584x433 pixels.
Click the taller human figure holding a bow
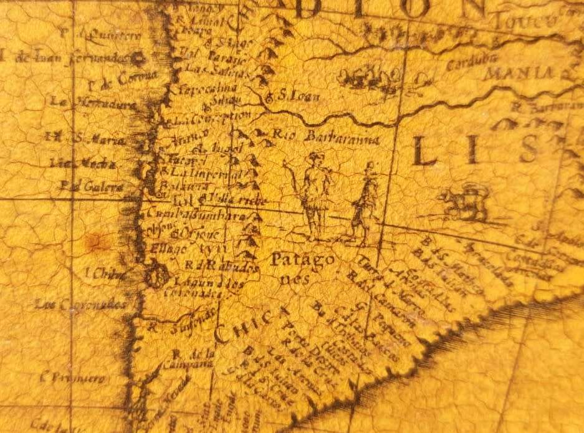pos(313,196)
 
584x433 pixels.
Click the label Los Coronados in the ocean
pos(80,305)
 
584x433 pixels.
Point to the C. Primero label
pos(65,377)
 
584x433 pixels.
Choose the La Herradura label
pos(93,105)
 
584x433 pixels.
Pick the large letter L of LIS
pos(426,151)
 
